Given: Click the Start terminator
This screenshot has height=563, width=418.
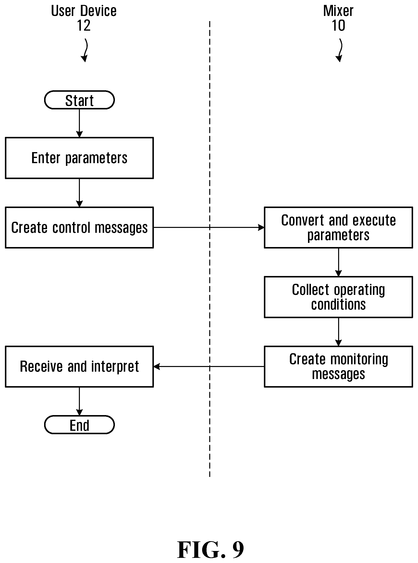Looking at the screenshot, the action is coord(79,100).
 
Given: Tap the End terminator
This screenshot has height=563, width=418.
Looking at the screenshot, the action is coord(79,425).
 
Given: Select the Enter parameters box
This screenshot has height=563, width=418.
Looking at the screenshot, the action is coord(79,158).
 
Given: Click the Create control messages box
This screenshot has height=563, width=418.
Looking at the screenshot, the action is coord(79,227).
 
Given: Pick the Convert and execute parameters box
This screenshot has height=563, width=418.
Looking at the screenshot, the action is coord(339,227).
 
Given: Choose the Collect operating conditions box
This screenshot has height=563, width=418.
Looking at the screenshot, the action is coord(339,297).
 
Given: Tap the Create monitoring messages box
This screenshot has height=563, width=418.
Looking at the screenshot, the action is coord(339,367).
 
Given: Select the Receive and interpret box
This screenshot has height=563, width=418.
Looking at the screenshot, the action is coord(79,367).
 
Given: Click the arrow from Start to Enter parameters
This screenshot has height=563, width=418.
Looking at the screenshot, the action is coord(79,123).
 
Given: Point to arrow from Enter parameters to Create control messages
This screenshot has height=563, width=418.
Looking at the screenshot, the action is coord(79,193).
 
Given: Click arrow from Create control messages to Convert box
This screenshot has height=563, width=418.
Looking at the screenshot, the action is coord(209,227).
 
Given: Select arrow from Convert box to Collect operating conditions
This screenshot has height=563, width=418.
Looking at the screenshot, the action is coord(339,262).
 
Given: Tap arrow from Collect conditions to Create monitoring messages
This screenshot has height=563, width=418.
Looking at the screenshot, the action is coord(339,332).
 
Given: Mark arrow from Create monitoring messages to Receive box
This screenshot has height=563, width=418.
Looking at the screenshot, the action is coord(209,367).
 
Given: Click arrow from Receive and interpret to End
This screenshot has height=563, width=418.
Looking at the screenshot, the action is coord(79,401).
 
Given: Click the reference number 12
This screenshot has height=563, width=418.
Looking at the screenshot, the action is coord(84,26).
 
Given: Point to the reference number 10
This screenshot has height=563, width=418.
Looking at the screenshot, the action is coord(339,26).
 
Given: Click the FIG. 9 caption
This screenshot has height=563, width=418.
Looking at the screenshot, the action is coord(210,549).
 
